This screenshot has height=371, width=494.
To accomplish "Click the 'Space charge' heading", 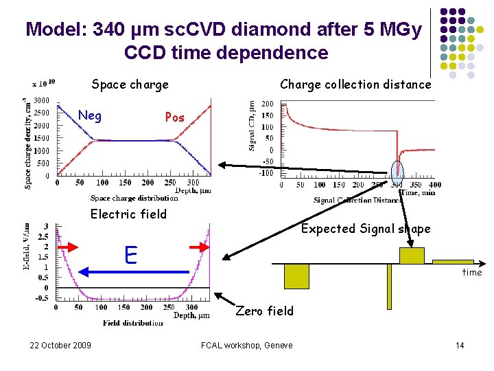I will tap(130, 85).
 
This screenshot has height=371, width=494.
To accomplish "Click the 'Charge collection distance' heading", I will tap(355, 85).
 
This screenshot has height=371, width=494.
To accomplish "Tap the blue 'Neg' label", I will tap(90, 116).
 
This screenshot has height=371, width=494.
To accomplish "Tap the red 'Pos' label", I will tap(174, 117).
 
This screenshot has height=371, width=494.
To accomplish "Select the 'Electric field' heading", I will tap(128, 214).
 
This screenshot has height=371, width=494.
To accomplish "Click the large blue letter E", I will tap(131, 255).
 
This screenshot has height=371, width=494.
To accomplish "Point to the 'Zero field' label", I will tap(264, 311).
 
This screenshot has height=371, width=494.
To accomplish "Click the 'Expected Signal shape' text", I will tap(366, 229).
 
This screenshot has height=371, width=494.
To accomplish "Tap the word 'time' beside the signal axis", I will tap(471, 273).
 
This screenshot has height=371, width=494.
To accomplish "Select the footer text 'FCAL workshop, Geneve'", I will tap(246, 345).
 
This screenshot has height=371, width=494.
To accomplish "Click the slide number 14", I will tap(460, 345).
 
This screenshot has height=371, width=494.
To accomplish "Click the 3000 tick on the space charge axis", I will tap(41, 100).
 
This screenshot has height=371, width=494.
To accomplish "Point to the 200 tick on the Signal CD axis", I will tap(267, 104).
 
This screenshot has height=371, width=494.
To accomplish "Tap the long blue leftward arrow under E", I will tap(134, 272).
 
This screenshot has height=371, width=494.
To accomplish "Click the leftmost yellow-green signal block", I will tap(296, 276).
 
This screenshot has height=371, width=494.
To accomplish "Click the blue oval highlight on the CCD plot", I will tap(397, 172).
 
